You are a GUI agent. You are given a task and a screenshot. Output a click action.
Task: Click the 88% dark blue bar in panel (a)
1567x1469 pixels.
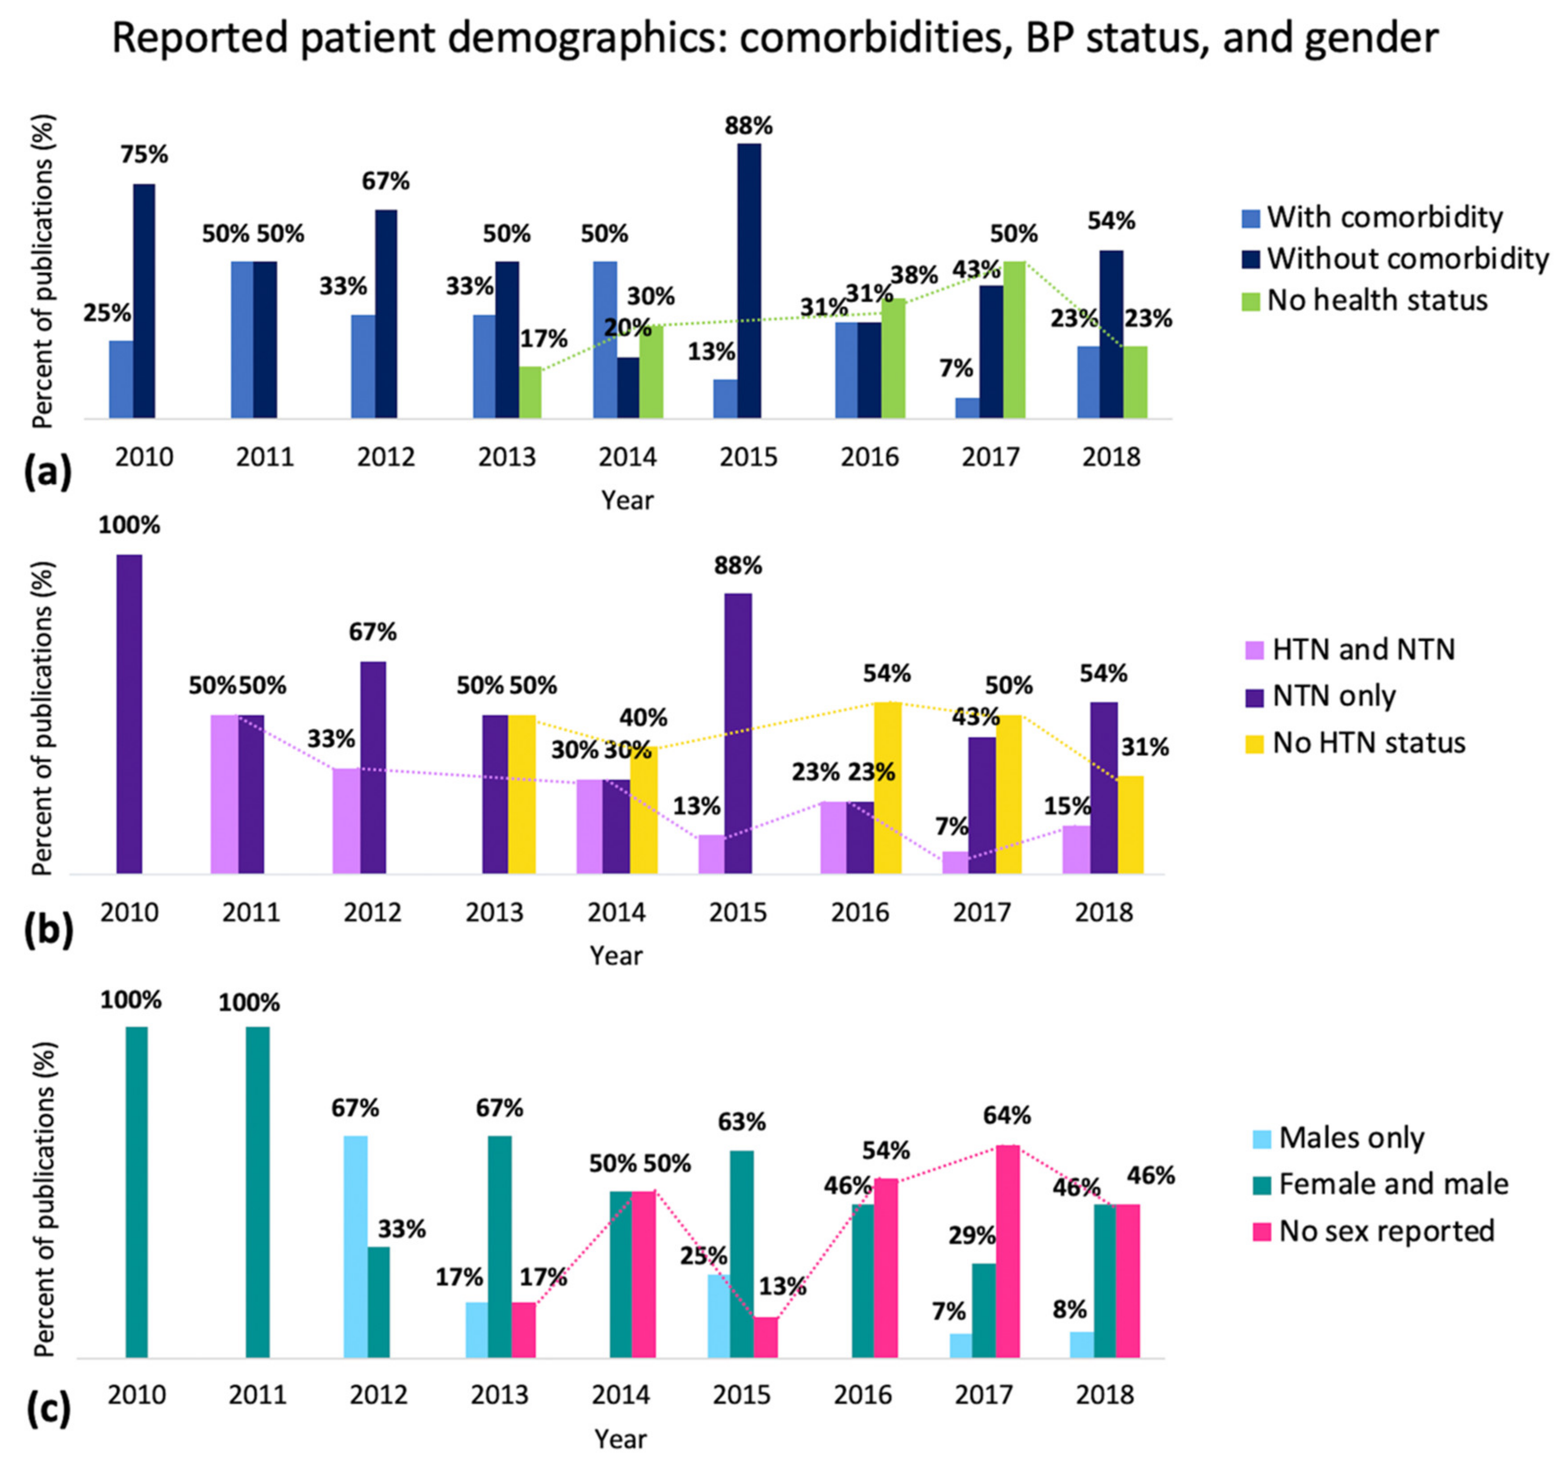(x=749, y=280)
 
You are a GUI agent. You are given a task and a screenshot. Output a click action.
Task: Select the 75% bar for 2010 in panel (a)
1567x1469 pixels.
(x=144, y=301)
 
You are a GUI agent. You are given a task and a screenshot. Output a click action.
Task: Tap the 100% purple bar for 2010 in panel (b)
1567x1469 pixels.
(x=129, y=714)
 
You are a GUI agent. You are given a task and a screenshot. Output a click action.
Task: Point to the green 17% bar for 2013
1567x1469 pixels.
(x=531, y=392)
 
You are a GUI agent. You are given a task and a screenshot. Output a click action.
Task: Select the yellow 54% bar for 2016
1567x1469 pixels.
(x=888, y=788)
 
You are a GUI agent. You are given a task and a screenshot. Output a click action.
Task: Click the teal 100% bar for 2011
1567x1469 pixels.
(x=258, y=1192)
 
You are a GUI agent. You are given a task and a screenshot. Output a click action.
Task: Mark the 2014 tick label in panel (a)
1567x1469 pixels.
(x=628, y=456)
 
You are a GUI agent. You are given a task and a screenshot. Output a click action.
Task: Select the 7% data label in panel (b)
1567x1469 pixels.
(x=952, y=826)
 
